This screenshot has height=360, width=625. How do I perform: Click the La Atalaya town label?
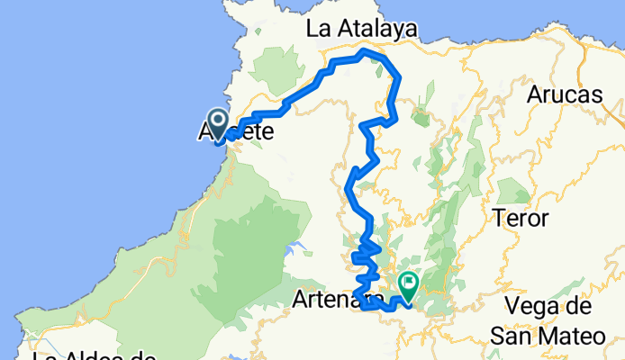tap(362, 29)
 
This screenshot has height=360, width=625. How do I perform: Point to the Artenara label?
tap(330, 300)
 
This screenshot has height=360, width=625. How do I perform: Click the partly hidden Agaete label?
tap(236, 133)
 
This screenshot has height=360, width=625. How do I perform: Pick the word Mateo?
tap(569, 337)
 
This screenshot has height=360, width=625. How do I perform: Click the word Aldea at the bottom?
tap(97, 357)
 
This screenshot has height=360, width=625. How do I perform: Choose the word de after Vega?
tap(583, 307)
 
